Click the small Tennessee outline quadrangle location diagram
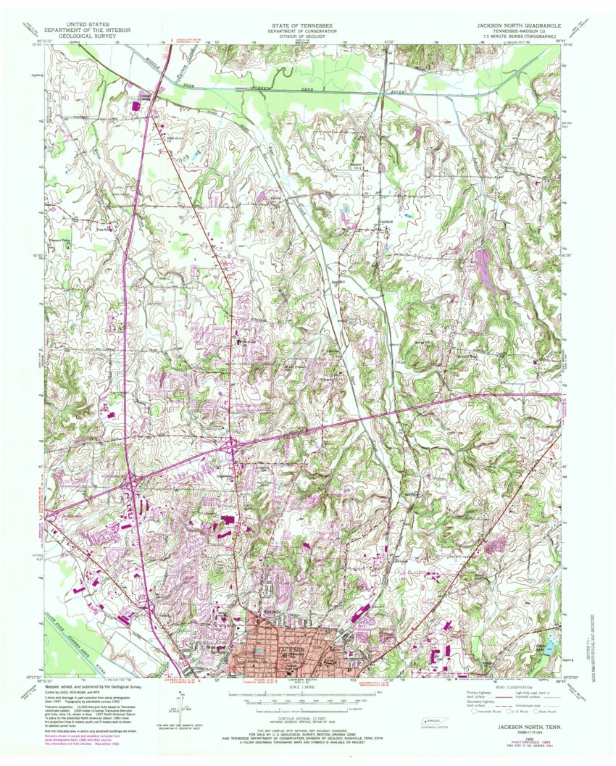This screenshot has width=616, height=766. click(434, 721)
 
